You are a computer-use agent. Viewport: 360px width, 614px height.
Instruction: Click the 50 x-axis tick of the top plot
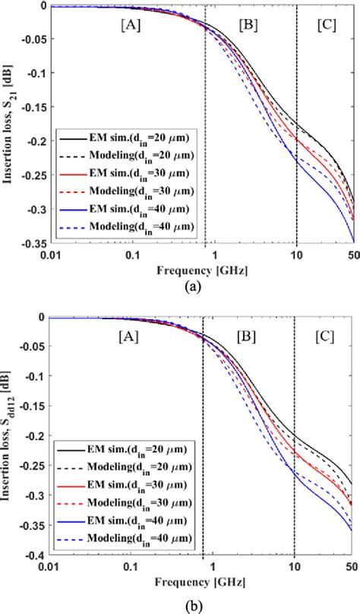click(x=352, y=253)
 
